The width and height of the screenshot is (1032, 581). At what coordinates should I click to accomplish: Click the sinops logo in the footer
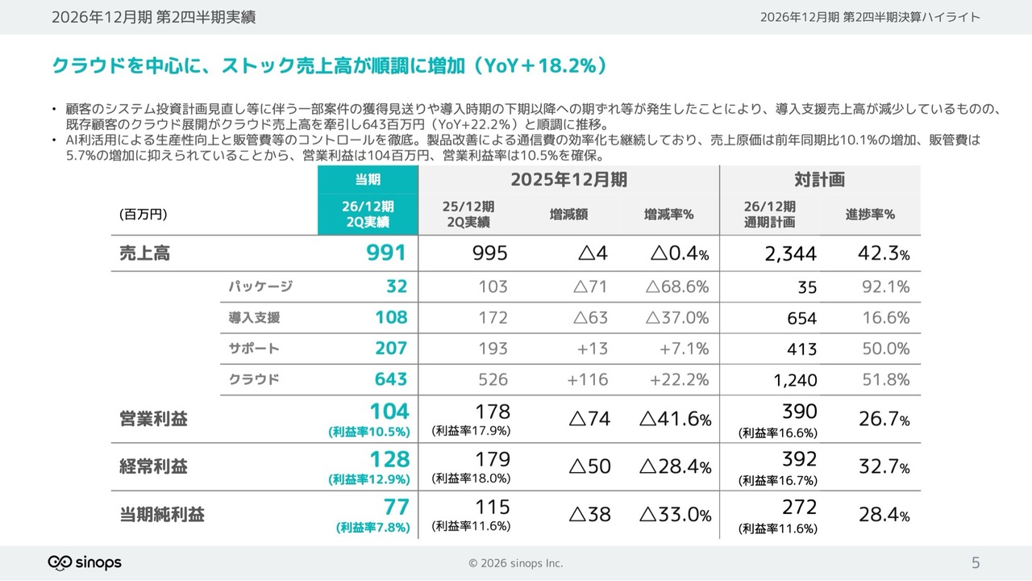tap(85, 562)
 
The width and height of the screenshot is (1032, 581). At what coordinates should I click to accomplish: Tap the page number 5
tap(976, 562)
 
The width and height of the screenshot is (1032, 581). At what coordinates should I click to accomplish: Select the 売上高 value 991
tap(386, 253)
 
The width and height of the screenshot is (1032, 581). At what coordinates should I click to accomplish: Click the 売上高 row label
tap(144, 253)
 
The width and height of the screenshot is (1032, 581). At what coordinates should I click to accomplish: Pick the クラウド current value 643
tap(391, 379)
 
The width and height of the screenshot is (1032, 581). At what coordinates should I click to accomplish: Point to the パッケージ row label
tap(260, 286)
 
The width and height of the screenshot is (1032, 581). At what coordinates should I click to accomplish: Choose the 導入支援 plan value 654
tap(801, 318)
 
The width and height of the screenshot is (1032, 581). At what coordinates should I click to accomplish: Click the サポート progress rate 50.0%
tap(886, 349)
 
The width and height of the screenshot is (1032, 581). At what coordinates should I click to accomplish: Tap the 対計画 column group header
tap(820, 179)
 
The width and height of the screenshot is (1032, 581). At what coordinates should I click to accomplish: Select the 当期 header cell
tap(368, 179)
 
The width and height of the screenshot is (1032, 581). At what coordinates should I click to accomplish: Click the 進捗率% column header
tap(870, 215)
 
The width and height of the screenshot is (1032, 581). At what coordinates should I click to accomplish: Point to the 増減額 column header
tap(568, 215)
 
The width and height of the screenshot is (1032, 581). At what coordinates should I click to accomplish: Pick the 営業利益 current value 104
tap(389, 412)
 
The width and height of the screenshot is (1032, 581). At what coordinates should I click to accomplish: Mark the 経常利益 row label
tap(153, 466)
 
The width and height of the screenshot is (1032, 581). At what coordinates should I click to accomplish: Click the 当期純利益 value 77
tap(396, 507)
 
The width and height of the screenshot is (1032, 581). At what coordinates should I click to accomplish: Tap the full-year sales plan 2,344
tap(791, 253)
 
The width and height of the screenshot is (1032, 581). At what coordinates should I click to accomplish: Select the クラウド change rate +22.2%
tap(679, 379)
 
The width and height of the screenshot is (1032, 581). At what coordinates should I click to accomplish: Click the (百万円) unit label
tap(144, 215)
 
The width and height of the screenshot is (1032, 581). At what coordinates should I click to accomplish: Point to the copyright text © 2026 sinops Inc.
tap(515, 563)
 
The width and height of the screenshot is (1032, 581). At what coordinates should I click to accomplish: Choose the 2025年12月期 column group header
tap(568, 179)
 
